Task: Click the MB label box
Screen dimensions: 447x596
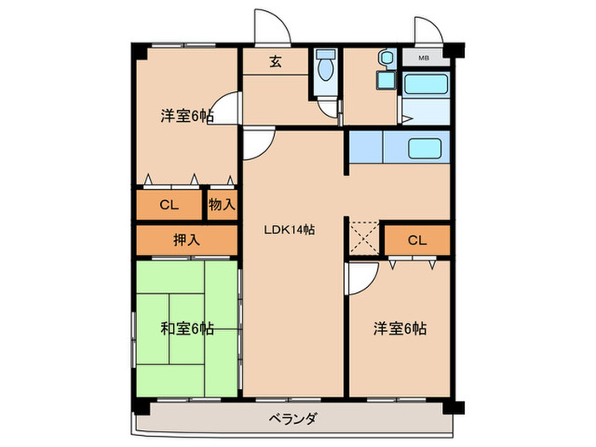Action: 423,58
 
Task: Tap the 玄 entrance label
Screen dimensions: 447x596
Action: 277,60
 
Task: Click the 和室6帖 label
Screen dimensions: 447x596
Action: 186,328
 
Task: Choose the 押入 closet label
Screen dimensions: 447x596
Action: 186,240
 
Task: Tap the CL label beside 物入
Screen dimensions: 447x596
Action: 169,204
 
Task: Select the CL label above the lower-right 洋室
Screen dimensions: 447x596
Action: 415,240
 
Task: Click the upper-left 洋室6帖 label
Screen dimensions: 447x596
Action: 186,116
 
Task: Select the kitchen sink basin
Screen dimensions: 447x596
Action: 425,148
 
